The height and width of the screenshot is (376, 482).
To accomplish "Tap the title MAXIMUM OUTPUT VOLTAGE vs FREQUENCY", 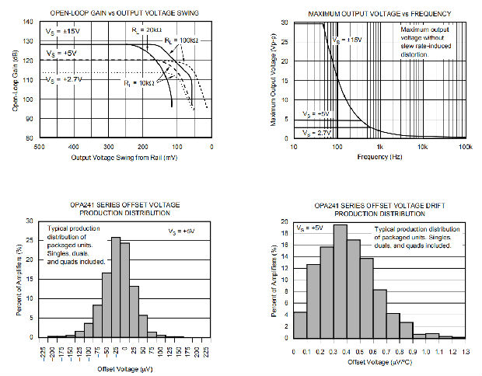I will coord(380,14).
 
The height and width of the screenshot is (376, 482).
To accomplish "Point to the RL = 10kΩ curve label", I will coord(137,82).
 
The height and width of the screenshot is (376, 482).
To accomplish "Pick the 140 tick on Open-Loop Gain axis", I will coord(30,23).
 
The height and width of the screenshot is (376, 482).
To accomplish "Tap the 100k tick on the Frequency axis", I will coord(465,146).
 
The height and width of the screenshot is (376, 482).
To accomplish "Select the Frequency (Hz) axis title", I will coord(379,156).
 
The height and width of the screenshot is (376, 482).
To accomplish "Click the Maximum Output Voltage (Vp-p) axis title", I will coord(274,80).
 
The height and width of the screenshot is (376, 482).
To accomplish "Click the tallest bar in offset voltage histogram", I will coord(116,287).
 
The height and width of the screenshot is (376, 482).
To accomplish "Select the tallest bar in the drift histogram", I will coord(340,281).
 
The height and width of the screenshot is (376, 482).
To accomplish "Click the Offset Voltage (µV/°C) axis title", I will coord(380,363).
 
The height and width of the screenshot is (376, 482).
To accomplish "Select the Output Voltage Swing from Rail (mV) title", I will coord(124,156).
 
